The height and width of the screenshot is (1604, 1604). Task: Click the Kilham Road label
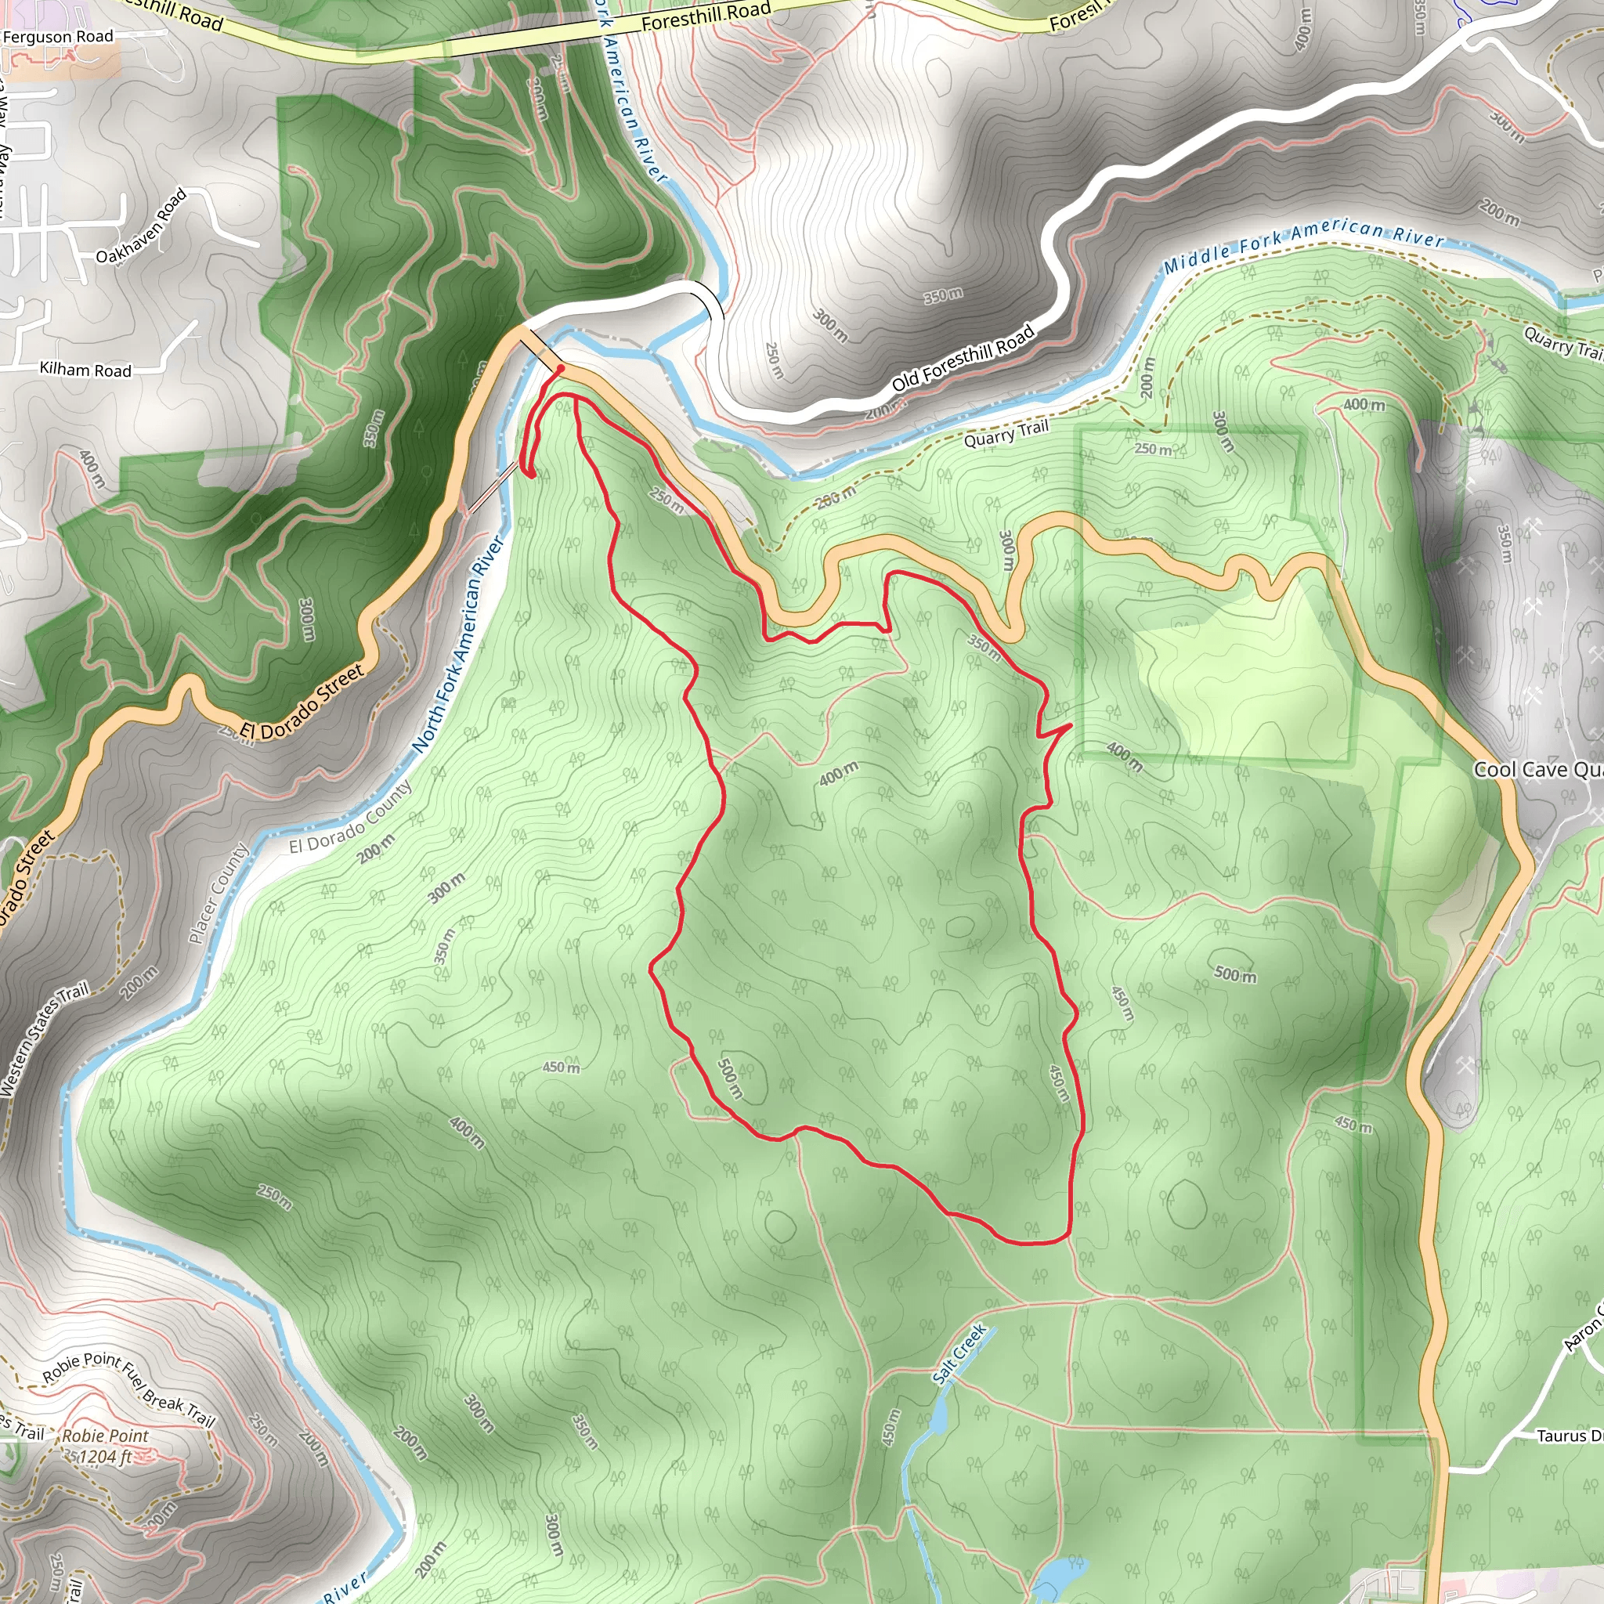85,370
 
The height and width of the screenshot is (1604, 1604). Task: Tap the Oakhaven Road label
141,227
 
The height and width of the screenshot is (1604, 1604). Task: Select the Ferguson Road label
57,37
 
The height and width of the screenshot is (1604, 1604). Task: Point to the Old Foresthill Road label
963,358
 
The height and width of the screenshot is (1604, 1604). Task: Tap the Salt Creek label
959,1354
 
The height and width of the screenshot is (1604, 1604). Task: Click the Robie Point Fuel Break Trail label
129,1388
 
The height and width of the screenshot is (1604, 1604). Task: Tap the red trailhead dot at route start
561,369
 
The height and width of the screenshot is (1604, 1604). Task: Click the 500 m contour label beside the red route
730,1078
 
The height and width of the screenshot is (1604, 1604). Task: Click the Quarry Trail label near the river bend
1006,433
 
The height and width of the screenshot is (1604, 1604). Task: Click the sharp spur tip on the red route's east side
1071,725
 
